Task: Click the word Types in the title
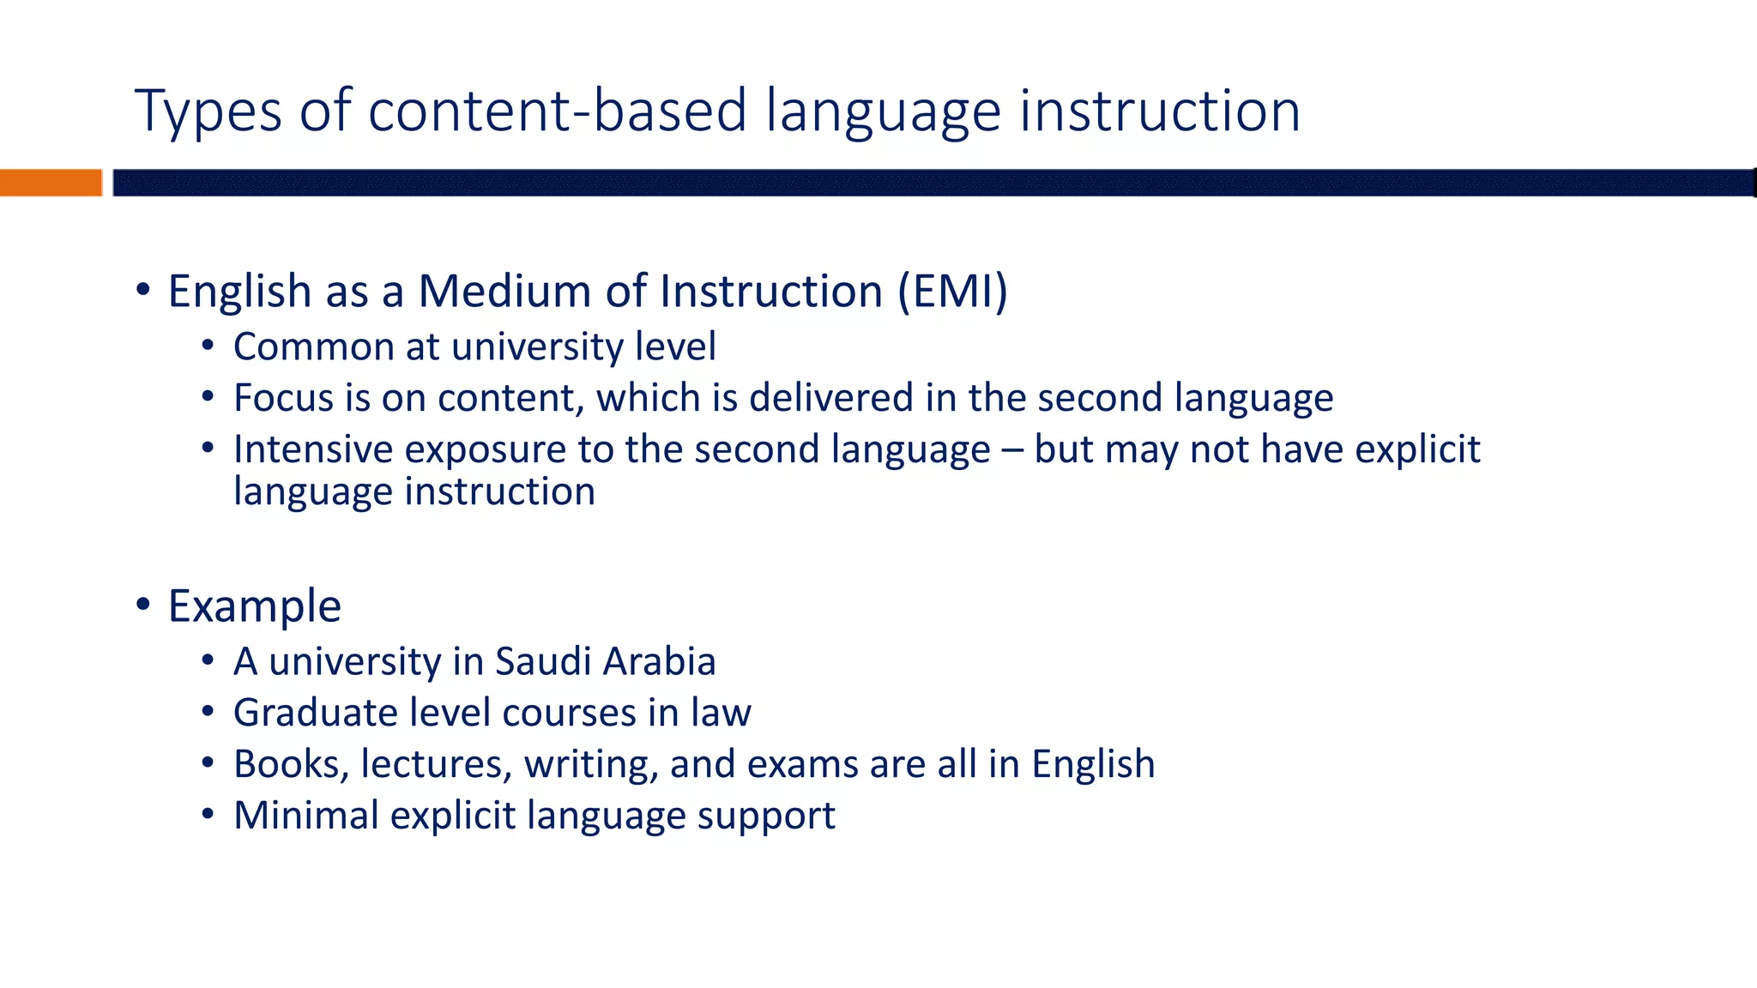tap(208, 111)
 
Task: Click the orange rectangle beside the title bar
tap(51, 183)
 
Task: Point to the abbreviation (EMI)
tap(952, 291)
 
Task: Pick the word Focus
tap(283, 399)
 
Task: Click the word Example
tap(255, 606)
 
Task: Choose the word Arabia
tap(659, 662)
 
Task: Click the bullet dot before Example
tap(143, 604)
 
